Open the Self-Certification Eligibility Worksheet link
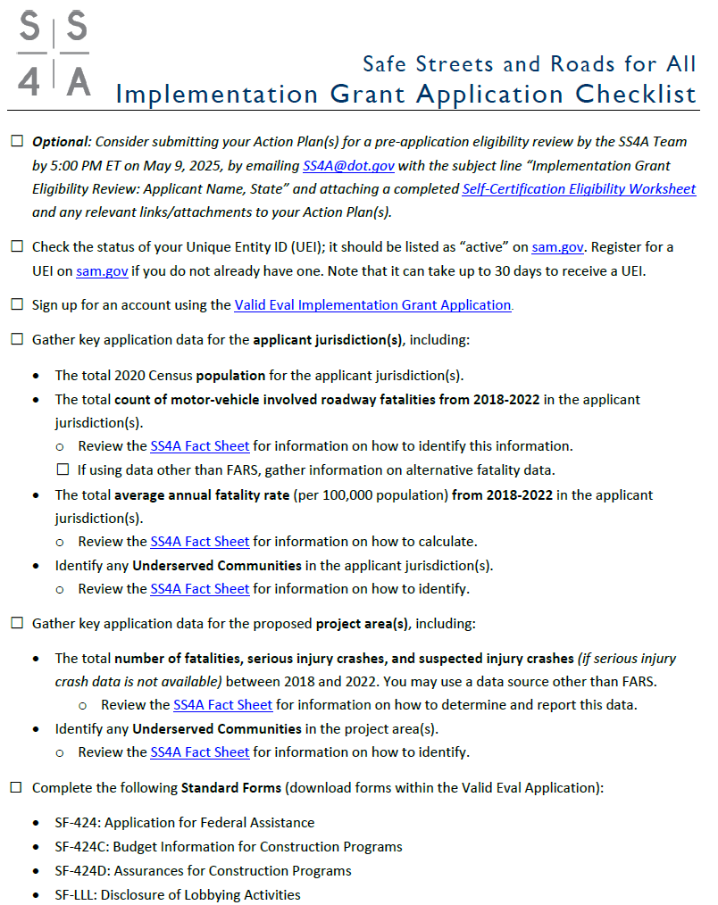[x=579, y=189]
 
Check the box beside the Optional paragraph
[x=17, y=142]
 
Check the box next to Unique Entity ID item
[x=17, y=247]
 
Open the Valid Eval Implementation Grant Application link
[x=372, y=305]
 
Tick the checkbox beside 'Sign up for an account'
[x=17, y=305]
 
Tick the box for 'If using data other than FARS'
[x=63, y=469]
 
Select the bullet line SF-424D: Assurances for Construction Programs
[x=203, y=871]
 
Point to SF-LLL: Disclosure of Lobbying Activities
[x=178, y=894]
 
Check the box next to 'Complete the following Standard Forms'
[x=17, y=789]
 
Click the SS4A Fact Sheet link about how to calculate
[x=199, y=542]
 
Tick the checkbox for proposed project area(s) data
[x=17, y=623]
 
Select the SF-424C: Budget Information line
[x=229, y=847]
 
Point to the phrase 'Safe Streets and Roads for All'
[x=529, y=64]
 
